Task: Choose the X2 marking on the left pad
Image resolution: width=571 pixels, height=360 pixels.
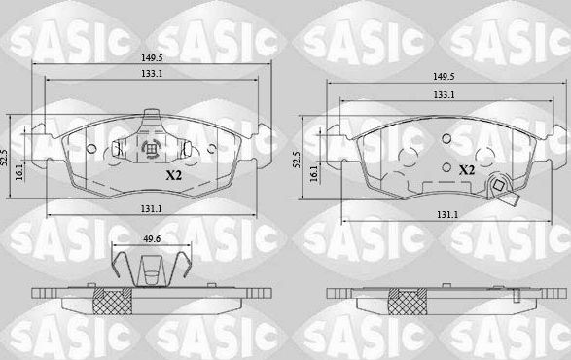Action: (x=173, y=177)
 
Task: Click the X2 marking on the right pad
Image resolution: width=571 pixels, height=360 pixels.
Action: (x=466, y=169)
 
